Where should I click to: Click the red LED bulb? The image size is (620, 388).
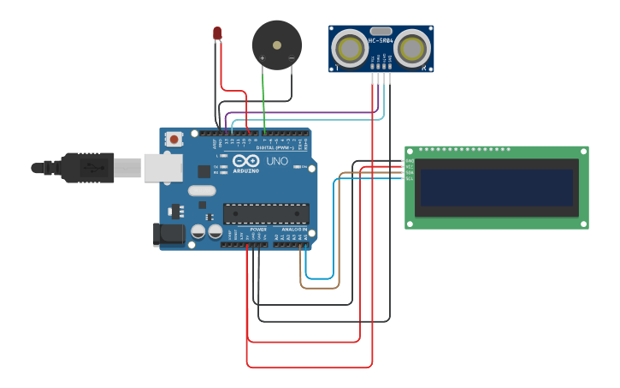(x=217, y=33)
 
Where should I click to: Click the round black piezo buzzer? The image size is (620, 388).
(x=277, y=45)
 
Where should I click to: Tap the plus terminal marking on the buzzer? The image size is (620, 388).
(x=263, y=58)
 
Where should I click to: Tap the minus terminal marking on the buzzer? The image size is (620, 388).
(x=291, y=58)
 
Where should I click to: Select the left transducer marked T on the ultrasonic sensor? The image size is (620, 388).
(x=350, y=46)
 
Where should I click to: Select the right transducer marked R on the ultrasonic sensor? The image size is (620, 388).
(x=411, y=46)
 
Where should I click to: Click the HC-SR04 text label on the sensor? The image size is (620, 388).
(x=381, y=40)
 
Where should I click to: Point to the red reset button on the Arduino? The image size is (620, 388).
(x=174, y=138)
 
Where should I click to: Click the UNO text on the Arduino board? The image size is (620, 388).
(x=277, y=161)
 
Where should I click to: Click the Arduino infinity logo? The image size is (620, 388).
(x=245, y=161)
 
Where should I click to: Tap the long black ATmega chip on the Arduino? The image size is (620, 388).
(x=266, y=213)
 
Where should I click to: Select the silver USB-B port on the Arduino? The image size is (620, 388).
(x=162, y=167)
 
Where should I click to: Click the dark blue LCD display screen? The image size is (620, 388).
(x=495, y=188)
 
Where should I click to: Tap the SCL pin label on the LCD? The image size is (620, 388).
(x=409, y=179)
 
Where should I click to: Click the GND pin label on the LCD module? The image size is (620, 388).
(x=409, y=161)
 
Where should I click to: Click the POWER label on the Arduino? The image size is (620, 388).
(x=258, y=230)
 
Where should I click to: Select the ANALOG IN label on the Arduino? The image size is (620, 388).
(x=295, y=230)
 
